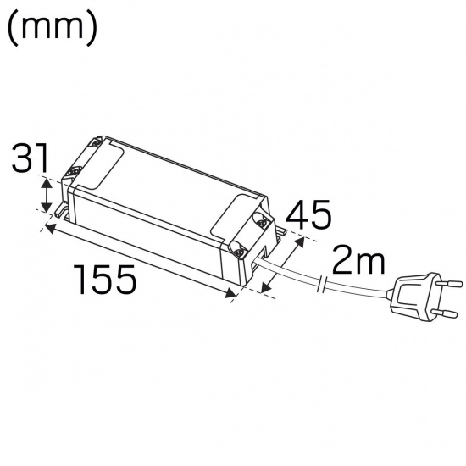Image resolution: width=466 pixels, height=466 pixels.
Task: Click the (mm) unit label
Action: (x=53, y=27)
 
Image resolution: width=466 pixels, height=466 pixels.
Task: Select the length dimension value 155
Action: (x=104, y=279)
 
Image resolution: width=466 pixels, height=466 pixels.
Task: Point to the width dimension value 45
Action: (x=308, y=215)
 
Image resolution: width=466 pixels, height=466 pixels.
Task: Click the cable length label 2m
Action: (x=357, y=261)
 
